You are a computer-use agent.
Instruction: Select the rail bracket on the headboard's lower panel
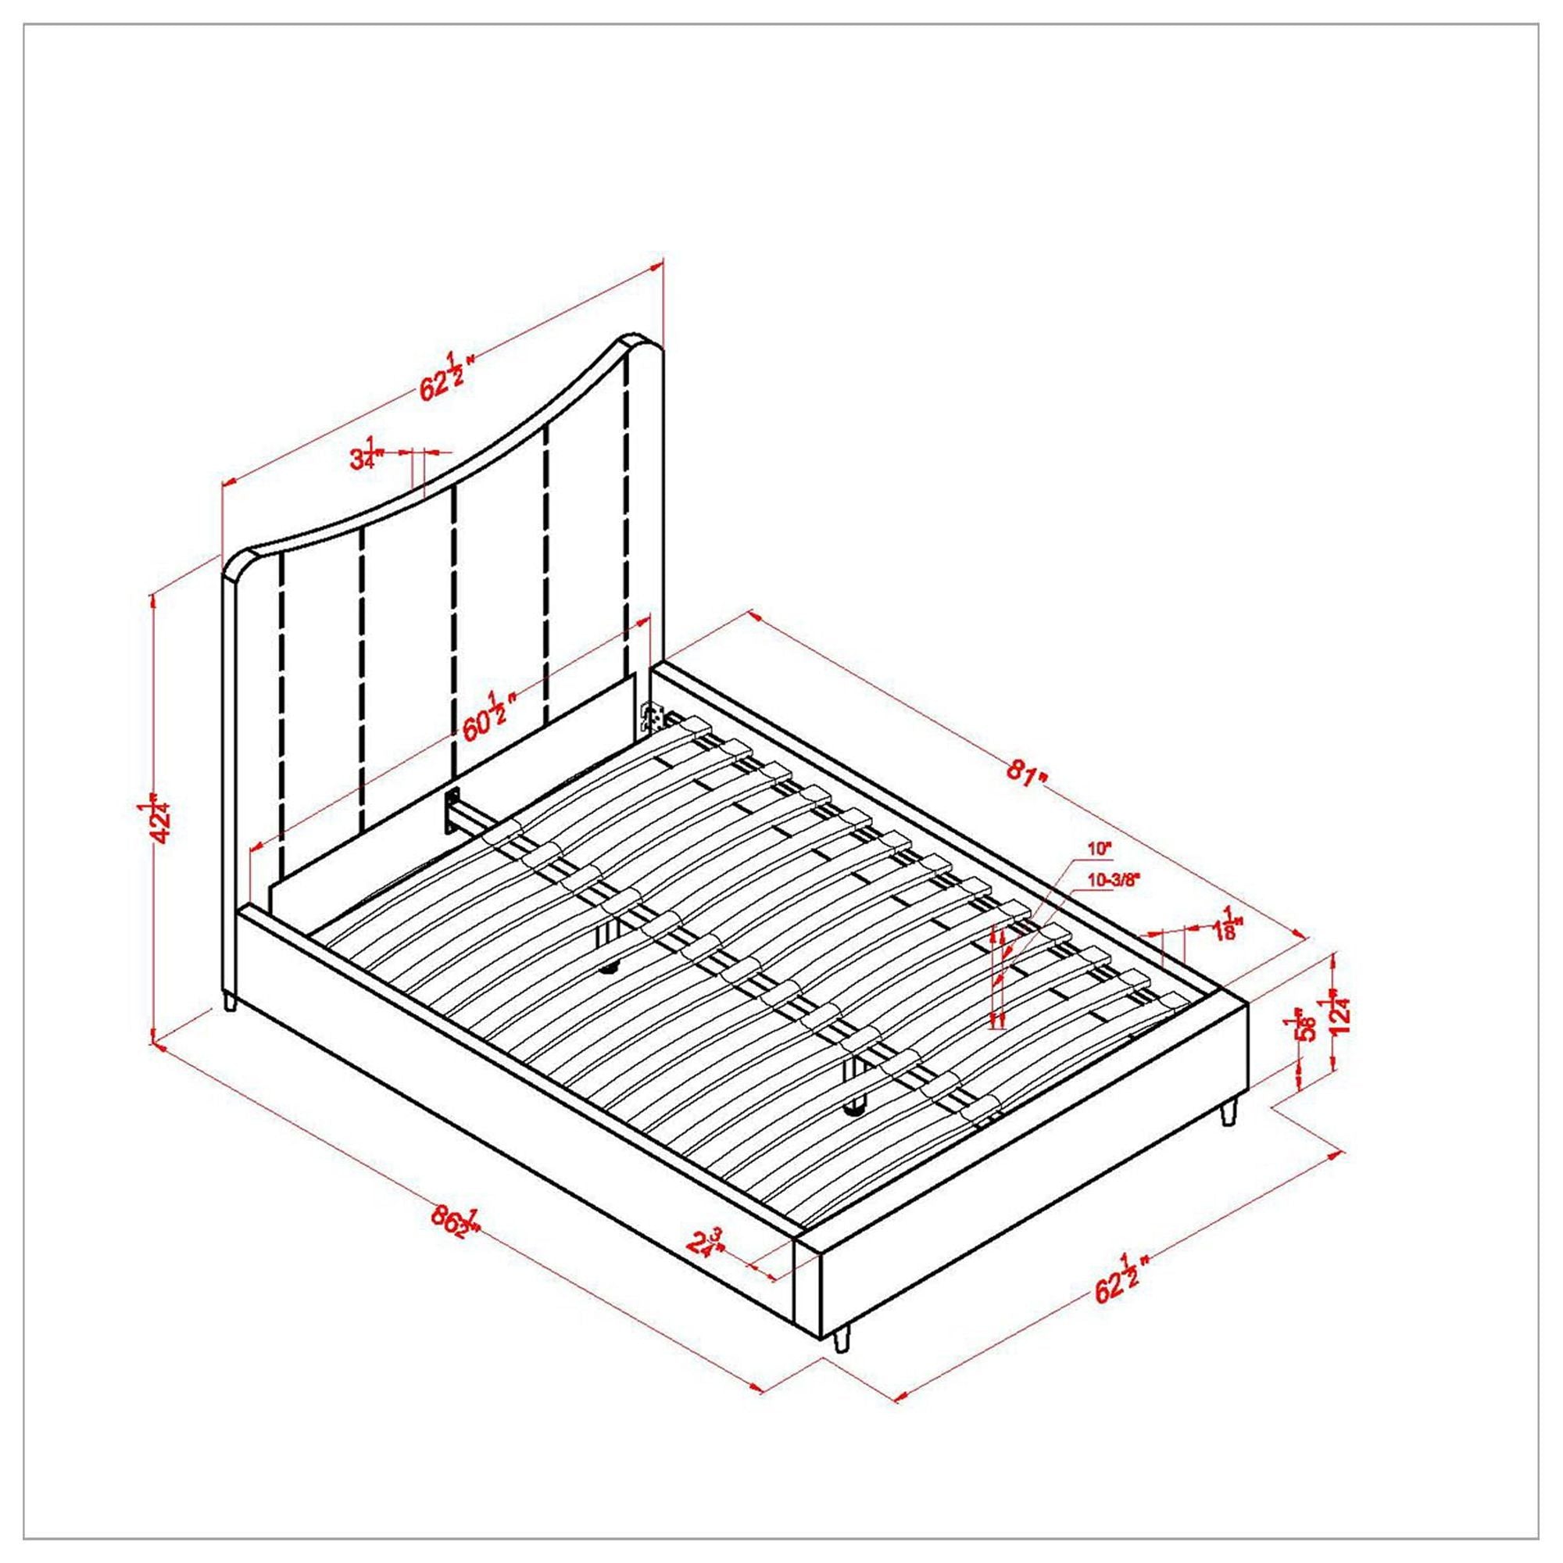451,809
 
